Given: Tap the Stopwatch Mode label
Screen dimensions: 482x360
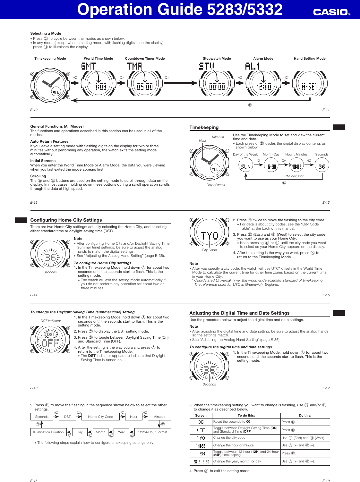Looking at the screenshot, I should click(x=217, y=59).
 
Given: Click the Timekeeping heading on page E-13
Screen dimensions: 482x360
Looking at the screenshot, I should click(x=204, y=127).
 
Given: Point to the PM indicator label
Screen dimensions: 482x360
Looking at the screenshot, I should click(x=294, y=176).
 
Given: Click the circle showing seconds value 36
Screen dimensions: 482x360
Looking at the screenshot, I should click(x=321, y=166).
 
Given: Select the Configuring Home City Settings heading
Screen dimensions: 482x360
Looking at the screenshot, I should click(x=66, y=220).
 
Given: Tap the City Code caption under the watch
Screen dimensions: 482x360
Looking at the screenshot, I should click(x=209, y=250).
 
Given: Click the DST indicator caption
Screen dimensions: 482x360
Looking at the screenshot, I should click(x=51, y=321).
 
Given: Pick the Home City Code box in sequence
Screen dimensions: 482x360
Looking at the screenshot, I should click(x=100, y=417).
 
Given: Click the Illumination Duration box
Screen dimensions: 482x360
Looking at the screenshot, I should click(x=48, y=432).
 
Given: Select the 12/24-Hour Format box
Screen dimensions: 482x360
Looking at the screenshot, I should click(x=152, y=432).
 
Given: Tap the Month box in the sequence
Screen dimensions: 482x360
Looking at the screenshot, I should click(x=100, y=432).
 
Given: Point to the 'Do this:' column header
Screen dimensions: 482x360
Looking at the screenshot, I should click(x=305, y=415).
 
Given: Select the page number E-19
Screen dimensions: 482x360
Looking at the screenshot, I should click(x=326, y=480).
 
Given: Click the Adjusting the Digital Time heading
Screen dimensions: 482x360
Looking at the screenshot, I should click(x=239, y=313).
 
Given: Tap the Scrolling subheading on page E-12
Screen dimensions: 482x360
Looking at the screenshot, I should click(x=38, y=176).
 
